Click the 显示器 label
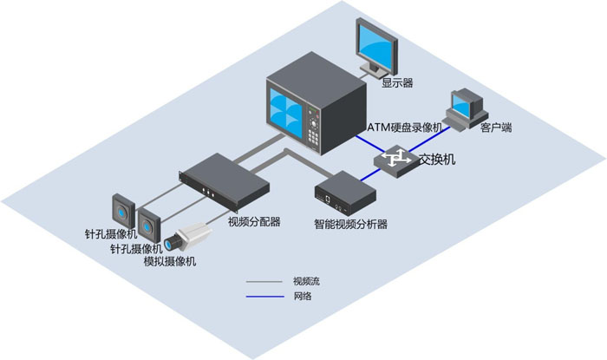point(396,83)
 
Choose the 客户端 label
point(496,128)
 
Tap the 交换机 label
point(437,160)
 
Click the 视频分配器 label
point(254,221)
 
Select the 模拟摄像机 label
point(170,261)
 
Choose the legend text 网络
point(302,297)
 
